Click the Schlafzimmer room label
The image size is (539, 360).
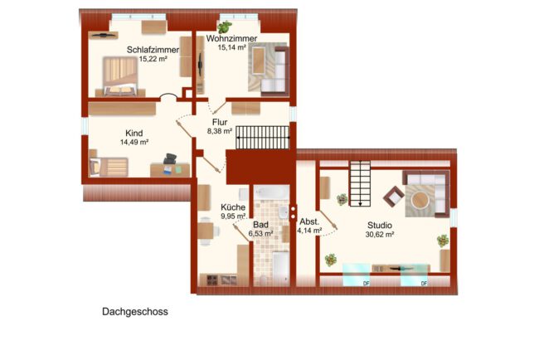(153, 50)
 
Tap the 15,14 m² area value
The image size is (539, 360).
(231, 47)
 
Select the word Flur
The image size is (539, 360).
(220, 122)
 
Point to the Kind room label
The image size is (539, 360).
(134, 133)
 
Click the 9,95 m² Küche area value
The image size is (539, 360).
(233, 216)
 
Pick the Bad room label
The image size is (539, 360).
(260, 225)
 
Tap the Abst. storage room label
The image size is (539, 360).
(309, 221)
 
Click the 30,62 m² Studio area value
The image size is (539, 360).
(380, 235)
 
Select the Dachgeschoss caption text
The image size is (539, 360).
(135, 312)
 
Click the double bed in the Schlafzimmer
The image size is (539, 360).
(120, 76)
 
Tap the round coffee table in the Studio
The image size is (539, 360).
(420, 200)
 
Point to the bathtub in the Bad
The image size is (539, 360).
(271, 192)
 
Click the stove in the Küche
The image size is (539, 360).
(212, 280)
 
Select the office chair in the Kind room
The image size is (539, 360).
(170, 159)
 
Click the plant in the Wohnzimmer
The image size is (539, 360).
(225, 27)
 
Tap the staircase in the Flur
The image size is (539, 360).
(263, 137)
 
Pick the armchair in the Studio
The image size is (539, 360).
(394, 197)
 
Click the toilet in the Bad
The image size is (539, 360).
(263, 280)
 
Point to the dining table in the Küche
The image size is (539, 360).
(206, 231)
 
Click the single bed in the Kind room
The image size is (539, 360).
(109, 167)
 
